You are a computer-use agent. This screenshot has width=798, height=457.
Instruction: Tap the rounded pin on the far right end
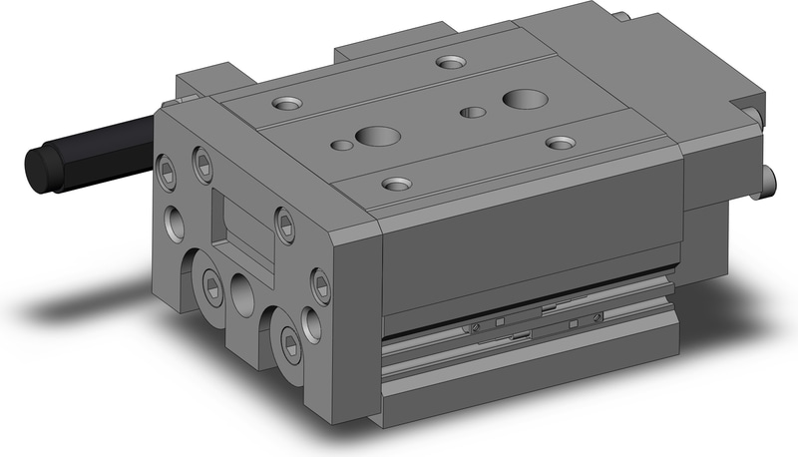(x=770, y=181)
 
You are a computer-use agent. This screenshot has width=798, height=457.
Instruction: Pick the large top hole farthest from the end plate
(x=523, y=98)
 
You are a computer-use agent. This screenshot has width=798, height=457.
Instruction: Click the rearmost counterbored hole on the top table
(x=448, y=63)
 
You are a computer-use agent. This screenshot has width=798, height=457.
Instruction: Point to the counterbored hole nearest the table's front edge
(x=397, y=184)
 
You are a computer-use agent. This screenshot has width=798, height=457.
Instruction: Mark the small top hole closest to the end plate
(x=341, y=146)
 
